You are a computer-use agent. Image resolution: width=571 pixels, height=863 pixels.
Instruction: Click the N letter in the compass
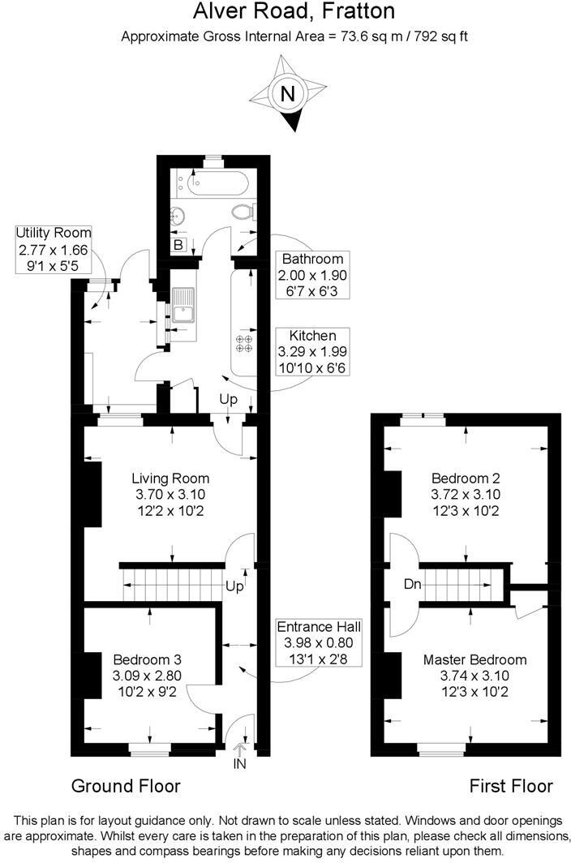286,94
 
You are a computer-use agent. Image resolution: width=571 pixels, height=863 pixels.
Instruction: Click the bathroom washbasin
178,216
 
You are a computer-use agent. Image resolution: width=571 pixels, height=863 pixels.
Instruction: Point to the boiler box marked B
178,244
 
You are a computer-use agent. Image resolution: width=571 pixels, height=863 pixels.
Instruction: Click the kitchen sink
182,309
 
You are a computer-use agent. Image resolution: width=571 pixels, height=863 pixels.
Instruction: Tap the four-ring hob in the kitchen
243,343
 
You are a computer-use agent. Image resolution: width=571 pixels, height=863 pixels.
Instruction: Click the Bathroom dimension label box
312,273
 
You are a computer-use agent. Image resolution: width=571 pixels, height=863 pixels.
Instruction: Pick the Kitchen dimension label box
312,350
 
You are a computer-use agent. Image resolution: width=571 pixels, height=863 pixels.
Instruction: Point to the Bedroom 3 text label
149,672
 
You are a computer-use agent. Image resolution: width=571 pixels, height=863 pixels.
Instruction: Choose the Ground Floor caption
126,785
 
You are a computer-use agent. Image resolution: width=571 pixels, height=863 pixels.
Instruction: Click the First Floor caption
511,785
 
